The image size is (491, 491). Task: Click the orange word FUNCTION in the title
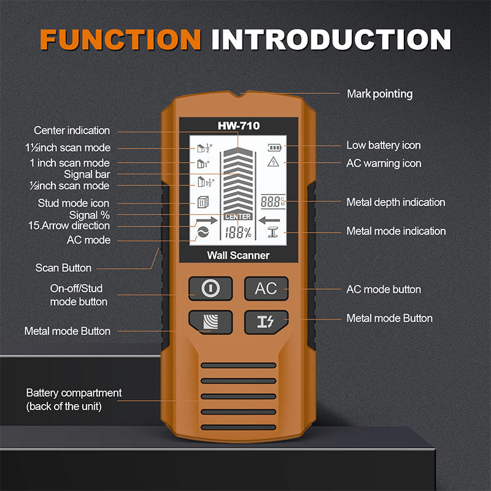tap(120, 39)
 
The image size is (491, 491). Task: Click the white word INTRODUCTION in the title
tap(331, 39)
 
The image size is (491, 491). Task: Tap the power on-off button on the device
tap(210, 288)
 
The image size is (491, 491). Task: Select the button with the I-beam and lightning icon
tap(266, 322)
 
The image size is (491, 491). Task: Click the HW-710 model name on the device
tap(239, 126)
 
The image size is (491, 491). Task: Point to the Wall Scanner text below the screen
tap(239, 255)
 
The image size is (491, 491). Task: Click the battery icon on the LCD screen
tap(273, 147)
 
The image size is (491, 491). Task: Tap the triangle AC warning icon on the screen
tap(273, 162)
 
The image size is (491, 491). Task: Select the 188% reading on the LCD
tap(238, 233)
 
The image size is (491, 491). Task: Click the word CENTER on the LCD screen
tap(238, 217)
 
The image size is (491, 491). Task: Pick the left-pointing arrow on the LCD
tap(269, 220)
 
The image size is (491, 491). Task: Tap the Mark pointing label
tap(379, 94)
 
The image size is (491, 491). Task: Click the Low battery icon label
tap(383, 145)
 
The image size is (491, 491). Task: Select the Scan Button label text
tap(63, 268)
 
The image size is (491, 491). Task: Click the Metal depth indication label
tap(395, 202)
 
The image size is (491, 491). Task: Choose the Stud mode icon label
tap(74, 203)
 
